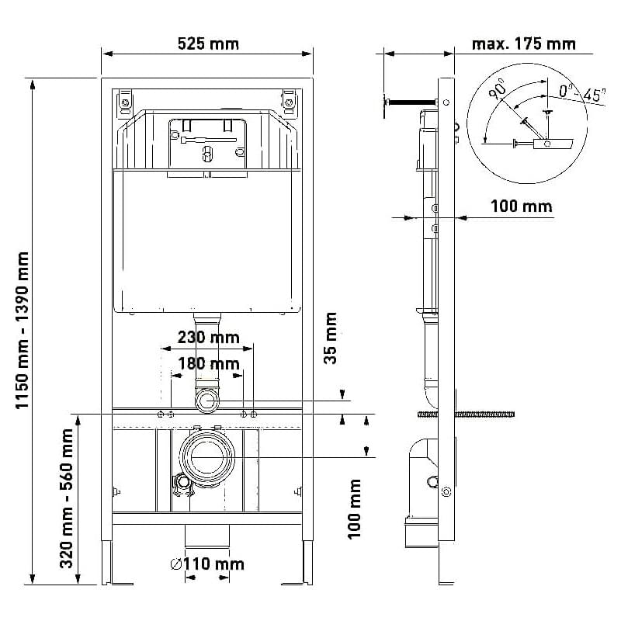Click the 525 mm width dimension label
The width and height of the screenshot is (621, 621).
click(208, 43)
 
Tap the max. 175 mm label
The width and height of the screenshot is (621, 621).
click(523, 43)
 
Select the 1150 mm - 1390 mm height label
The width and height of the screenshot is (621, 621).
click(23, 331)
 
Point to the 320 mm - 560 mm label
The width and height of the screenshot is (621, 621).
click(67, 498)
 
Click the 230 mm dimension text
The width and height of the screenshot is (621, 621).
click(208, 338)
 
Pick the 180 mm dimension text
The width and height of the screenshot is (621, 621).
click(208, 363)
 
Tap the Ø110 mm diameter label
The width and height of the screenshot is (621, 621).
click(207, 564)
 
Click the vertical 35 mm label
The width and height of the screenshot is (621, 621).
click(331, 338)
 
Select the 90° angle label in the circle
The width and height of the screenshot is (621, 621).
click(498, 88)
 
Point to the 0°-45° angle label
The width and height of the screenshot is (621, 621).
click(582, 94)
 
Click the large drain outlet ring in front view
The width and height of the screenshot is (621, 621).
click(207, 456)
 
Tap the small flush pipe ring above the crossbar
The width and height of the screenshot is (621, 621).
click(207, 401)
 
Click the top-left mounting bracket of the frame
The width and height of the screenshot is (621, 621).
click(125, 103)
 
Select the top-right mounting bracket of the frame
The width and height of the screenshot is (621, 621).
click(290, 102)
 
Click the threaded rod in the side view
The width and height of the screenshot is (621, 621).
click(467, 415)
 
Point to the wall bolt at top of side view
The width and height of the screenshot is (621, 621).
click(411, 102)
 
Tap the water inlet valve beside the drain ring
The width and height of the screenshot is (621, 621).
click(183, 484)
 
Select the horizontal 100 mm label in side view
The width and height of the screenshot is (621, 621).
click(521, 206)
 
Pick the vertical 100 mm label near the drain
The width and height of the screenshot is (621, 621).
click(355, 509)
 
